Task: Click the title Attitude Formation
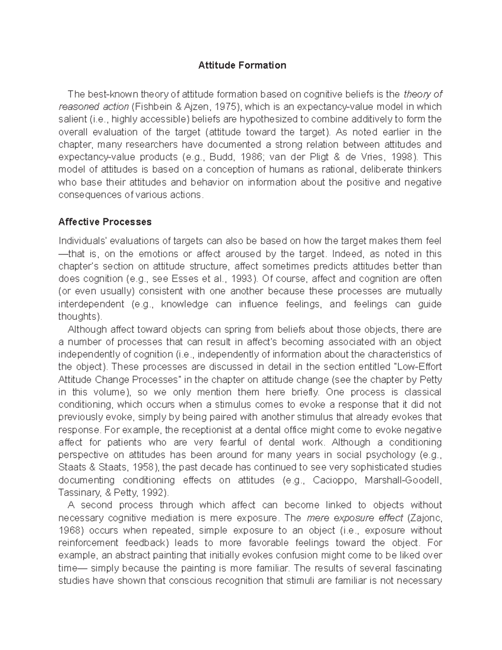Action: (242, 65)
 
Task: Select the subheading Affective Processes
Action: (105, 222)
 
